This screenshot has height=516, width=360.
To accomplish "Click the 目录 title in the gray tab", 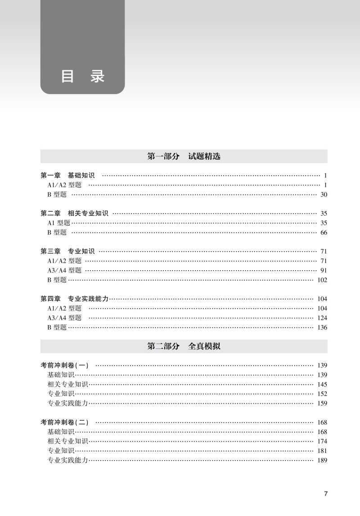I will click(82, 76).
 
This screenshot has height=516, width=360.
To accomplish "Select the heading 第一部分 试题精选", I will click(184, 157).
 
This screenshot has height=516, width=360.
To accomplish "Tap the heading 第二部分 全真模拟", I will click(184, 347).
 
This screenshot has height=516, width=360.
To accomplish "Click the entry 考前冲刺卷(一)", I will click(65, 365).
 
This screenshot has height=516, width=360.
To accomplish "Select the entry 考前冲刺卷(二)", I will click(65, 422).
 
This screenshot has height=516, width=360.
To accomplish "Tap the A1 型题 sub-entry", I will click(59, 223).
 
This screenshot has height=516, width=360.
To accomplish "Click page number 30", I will click(324, 195).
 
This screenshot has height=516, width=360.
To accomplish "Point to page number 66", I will click(324, 232).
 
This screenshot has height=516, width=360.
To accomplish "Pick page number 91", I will click(324, 270).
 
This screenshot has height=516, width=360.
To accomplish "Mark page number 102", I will click(322, 280).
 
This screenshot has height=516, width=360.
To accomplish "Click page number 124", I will click(322, 318).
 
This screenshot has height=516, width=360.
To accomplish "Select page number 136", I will click(322, 327).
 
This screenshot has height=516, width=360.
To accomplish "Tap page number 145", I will click(322, 385).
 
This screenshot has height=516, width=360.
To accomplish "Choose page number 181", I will click(322, 451).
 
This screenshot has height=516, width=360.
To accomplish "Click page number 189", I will click(322, 460).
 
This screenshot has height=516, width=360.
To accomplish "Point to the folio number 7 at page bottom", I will click(326, 493).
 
